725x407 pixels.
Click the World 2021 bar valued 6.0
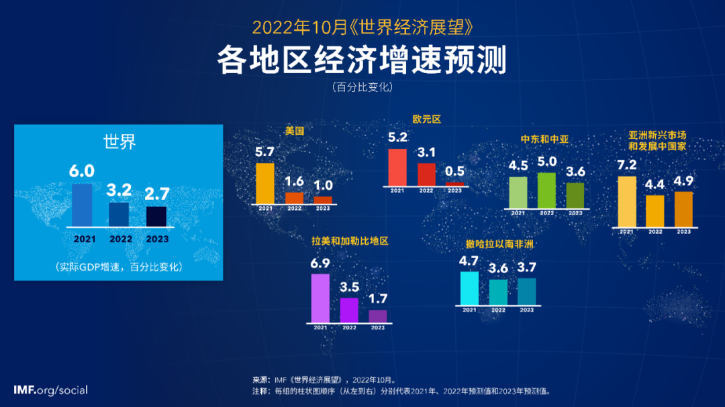click(x=82, y=205)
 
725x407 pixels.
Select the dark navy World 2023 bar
click(x=156, y=217)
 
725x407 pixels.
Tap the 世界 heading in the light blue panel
click(x=119, y=141)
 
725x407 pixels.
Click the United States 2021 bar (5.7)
click(x=265, y=182)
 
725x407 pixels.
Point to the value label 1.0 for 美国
click(x=323, y=185)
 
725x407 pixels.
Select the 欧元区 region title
click(x=426, y=119)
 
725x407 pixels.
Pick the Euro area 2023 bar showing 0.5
click(x=454, y=184)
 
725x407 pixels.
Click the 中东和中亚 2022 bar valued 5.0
click(x=546, y=190)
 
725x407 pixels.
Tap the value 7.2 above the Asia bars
click(x=626, y=164)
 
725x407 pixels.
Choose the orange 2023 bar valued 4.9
click(x=683, y=209)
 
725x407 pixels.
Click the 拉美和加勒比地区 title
click(x=349, y=240)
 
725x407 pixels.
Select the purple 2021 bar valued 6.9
click(x=320, y=298)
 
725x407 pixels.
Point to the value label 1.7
click(x=378, y=298)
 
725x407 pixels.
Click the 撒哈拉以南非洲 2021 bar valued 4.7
click(x=469, y=288)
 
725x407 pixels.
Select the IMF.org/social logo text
click(x=50, y=390)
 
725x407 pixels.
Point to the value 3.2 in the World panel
click(x=119, y=190)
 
